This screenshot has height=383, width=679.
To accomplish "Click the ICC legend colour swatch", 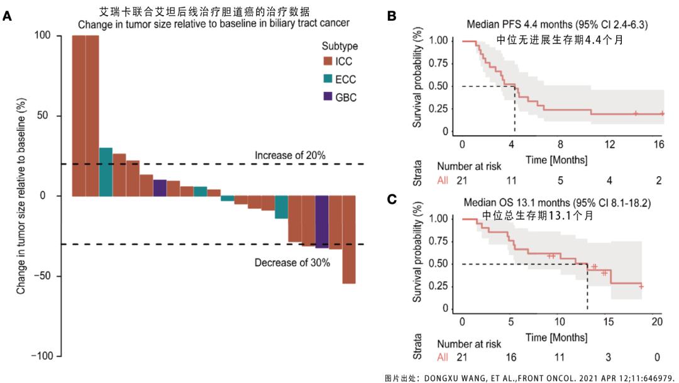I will pos(328,62).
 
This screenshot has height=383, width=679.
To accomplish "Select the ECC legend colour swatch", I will pos(328,79).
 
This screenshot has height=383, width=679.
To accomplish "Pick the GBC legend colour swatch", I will pos(328,97).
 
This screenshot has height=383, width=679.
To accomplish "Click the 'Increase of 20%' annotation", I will pos(290,155).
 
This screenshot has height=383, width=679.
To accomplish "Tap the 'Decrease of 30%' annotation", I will pos(292,263).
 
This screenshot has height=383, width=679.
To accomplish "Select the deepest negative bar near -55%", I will pos(349,240).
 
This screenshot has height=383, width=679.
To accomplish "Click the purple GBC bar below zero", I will pos(322,221).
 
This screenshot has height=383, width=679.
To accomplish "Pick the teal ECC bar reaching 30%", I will pos(106,172).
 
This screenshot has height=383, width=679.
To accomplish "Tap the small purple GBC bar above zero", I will pos(160,188).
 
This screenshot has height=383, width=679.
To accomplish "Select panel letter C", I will pos(391,200).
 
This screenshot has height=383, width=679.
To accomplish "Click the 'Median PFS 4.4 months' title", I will pos(557,25).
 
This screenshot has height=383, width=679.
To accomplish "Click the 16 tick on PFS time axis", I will pos(659,145).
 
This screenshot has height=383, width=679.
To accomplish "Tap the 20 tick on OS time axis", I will pos(657,322).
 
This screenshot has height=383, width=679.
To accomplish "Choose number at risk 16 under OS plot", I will pos(511,357).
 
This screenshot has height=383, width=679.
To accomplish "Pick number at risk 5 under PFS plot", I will pos(561,181).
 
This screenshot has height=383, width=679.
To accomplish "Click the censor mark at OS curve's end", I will pos(641,286).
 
